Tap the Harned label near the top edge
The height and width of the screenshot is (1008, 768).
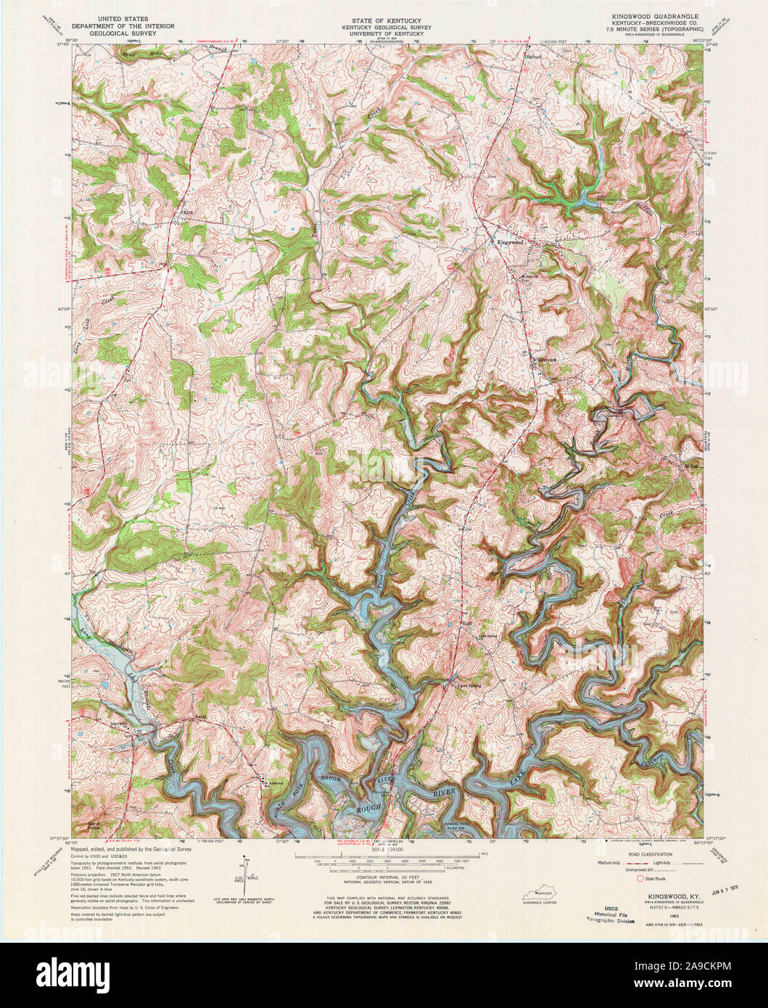point(534,56)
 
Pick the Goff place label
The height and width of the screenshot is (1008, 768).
point(468,622)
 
